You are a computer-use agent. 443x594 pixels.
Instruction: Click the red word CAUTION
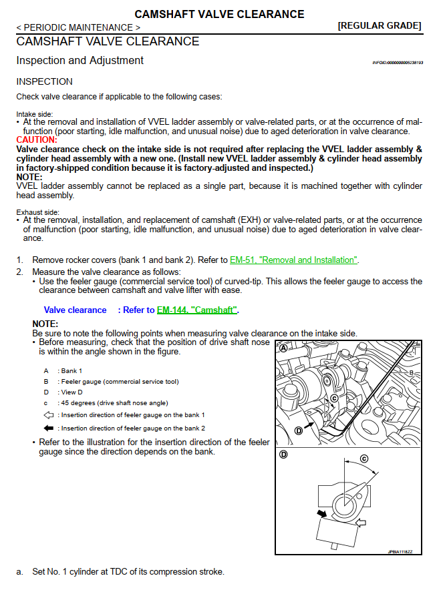pyautogui.click(x=36, y=140)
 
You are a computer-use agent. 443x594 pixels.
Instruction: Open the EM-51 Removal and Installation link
pyautogui.click(x=293, y=260)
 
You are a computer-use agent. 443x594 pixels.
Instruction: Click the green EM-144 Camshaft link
pyautogui.click(x=197, y=310)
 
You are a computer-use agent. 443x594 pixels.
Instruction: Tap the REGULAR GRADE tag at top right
pyautogui.click(x=380, y=26)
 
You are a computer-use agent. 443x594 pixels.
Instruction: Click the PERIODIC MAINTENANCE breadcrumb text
pyautogui.click(x=78, y=27)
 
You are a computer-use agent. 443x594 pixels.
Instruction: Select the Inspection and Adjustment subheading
pyautogui.click(x=80, y=60)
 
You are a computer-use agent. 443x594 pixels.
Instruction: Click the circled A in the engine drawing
pyautogui.click(x=284, y=348)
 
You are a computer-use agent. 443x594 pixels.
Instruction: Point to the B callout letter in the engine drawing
pyautogui.click(x=412, y=372)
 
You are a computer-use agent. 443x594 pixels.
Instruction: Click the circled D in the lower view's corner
pyautogui.click(x=284, y=455)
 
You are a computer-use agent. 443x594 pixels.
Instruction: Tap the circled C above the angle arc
pyautogui.click(x=364, y=459)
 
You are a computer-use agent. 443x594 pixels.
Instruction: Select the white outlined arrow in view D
pyautogui.click(x=361, y=525)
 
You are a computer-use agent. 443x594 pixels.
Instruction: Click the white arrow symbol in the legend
pyautogui.click(x=49, y=415)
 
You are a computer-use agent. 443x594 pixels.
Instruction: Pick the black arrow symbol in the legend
pyautogui.click(x=49, y=428)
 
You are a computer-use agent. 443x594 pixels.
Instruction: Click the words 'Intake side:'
pyautogui.click(x=35, y=114)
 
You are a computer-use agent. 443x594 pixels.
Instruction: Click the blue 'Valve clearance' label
pyautogui.click(x=75, y=310)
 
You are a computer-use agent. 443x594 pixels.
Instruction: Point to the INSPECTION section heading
pyautogui.click(x=44, y=81)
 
